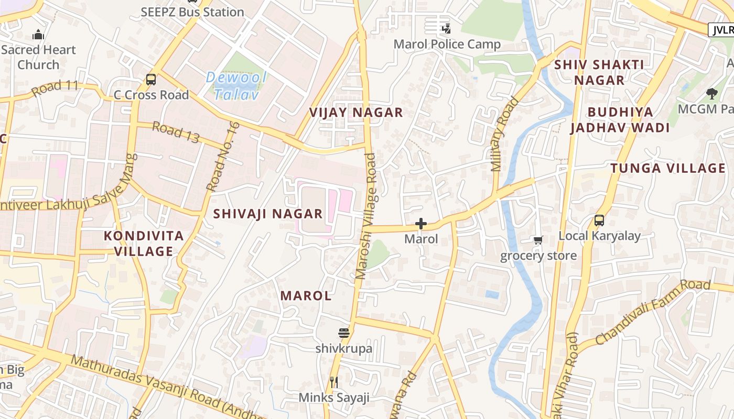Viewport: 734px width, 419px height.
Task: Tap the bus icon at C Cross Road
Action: (151, 80)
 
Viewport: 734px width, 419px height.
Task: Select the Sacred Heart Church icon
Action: (38, 35)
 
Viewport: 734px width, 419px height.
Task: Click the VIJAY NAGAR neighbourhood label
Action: (356, 113)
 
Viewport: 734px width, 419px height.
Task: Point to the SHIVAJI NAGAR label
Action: (267, 214)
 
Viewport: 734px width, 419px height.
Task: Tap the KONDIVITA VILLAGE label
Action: (144, 244)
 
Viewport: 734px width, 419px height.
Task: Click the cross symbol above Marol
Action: (420, 224)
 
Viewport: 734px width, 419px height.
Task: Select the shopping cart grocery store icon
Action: (538, 240)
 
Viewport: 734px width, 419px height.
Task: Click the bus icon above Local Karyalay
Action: (599, 220)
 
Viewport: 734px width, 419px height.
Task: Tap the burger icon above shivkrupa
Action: (344, 333)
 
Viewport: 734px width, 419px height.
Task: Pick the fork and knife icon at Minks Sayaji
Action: (334, 382)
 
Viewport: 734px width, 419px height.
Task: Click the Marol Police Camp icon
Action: (447, 28)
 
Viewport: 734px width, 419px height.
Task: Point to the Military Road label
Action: (504, 135)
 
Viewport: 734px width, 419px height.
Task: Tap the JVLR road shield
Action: (721, 30)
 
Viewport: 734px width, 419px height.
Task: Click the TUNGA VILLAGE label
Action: (668, 168)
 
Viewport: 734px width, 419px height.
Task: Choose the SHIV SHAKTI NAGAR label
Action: (599, 72)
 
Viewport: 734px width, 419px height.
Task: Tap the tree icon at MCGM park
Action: (711, 94)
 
